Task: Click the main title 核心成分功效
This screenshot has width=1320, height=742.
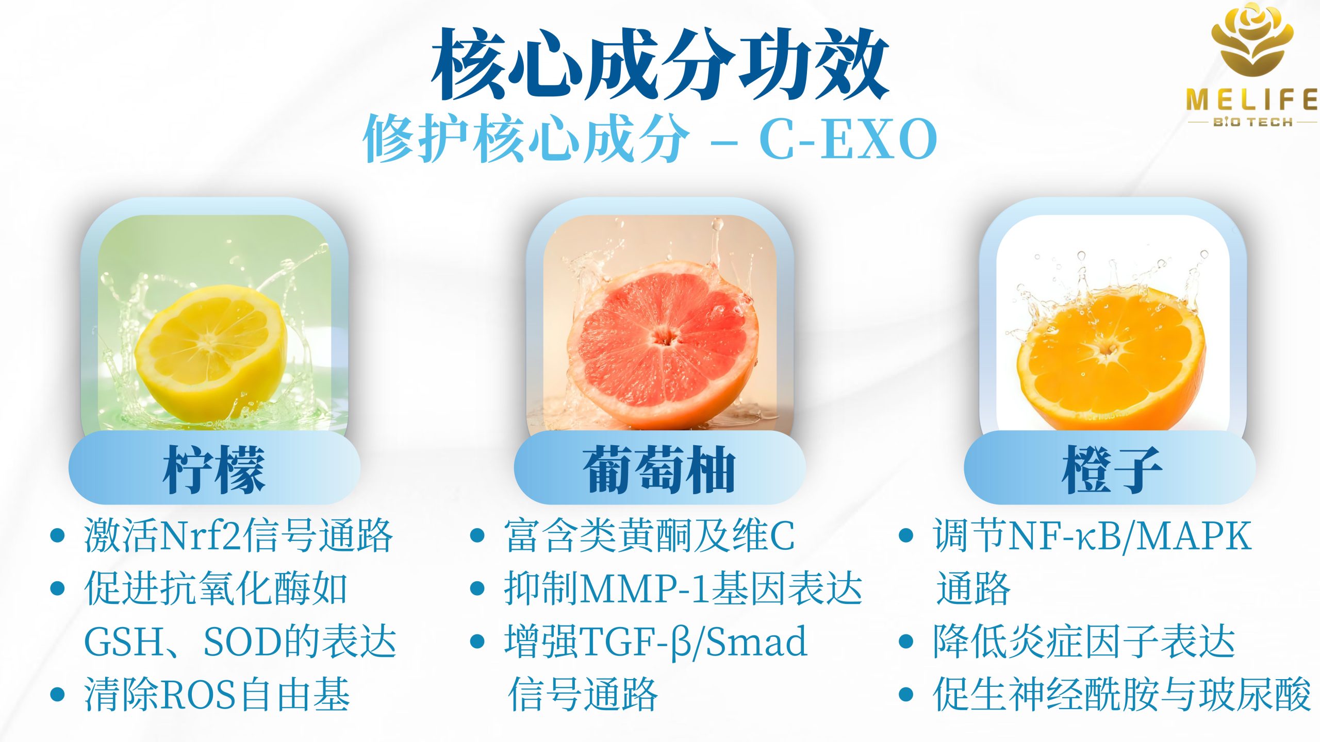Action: click(661, 64)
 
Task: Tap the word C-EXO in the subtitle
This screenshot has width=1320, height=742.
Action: click(848, 139)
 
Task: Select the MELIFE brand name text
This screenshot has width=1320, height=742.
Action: click(1252, 99)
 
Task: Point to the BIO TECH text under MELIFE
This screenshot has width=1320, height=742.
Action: click(1252, 122)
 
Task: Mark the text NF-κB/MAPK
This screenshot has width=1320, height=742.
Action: click(1130, 536)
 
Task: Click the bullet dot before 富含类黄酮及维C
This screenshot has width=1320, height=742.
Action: click(477, 535)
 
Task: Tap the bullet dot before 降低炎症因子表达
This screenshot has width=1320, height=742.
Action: click(906, 642)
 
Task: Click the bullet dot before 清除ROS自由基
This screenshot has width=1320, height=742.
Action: click(58, 695)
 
